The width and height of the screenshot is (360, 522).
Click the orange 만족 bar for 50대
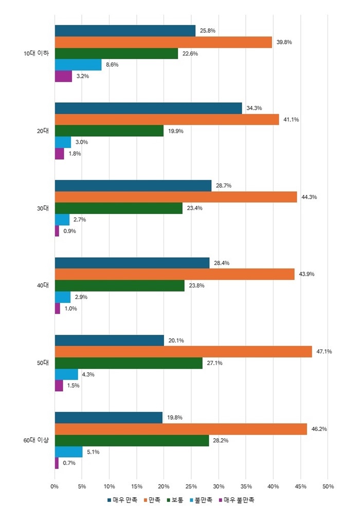(x=183, y=352)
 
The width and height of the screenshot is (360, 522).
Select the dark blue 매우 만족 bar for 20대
(x=148, y=108)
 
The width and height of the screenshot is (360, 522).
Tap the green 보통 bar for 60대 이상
(x=132, y=441)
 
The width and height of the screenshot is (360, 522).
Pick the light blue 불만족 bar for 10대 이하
(x=78, y=65)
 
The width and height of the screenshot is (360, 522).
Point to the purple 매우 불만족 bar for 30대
(x=57, y=231)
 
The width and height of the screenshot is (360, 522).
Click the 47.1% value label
(x=324, y=352)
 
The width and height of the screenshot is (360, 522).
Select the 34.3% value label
(x=254, y=108)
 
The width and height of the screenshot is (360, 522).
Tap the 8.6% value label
(x=113, y=65)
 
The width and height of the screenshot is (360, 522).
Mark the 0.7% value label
(x=68, y=463)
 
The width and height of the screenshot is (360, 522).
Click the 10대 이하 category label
(x=37, y=53)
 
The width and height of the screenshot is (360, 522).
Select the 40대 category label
(x=42, y=285)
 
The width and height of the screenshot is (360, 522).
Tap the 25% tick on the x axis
(x=191, y=486)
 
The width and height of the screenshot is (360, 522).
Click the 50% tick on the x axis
(x=328, y=486)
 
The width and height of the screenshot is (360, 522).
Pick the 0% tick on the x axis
(x=55, y=486)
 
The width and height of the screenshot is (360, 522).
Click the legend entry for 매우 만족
(x=122, y=499)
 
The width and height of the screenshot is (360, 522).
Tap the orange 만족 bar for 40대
(x=175, y=274)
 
